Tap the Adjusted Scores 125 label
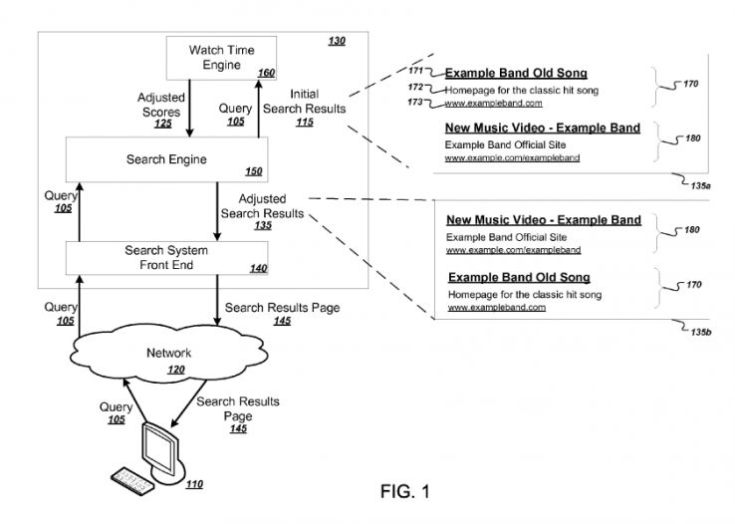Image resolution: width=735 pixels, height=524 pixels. coord(161,111)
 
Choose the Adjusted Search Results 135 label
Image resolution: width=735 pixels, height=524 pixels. coord(261,212)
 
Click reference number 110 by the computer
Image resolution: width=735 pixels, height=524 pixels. coord(194,485)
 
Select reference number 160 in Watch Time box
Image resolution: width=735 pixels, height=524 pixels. coord(266,73)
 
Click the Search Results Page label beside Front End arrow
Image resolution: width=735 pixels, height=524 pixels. coord(282,314)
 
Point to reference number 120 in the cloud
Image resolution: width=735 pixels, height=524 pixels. coord(175,369)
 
